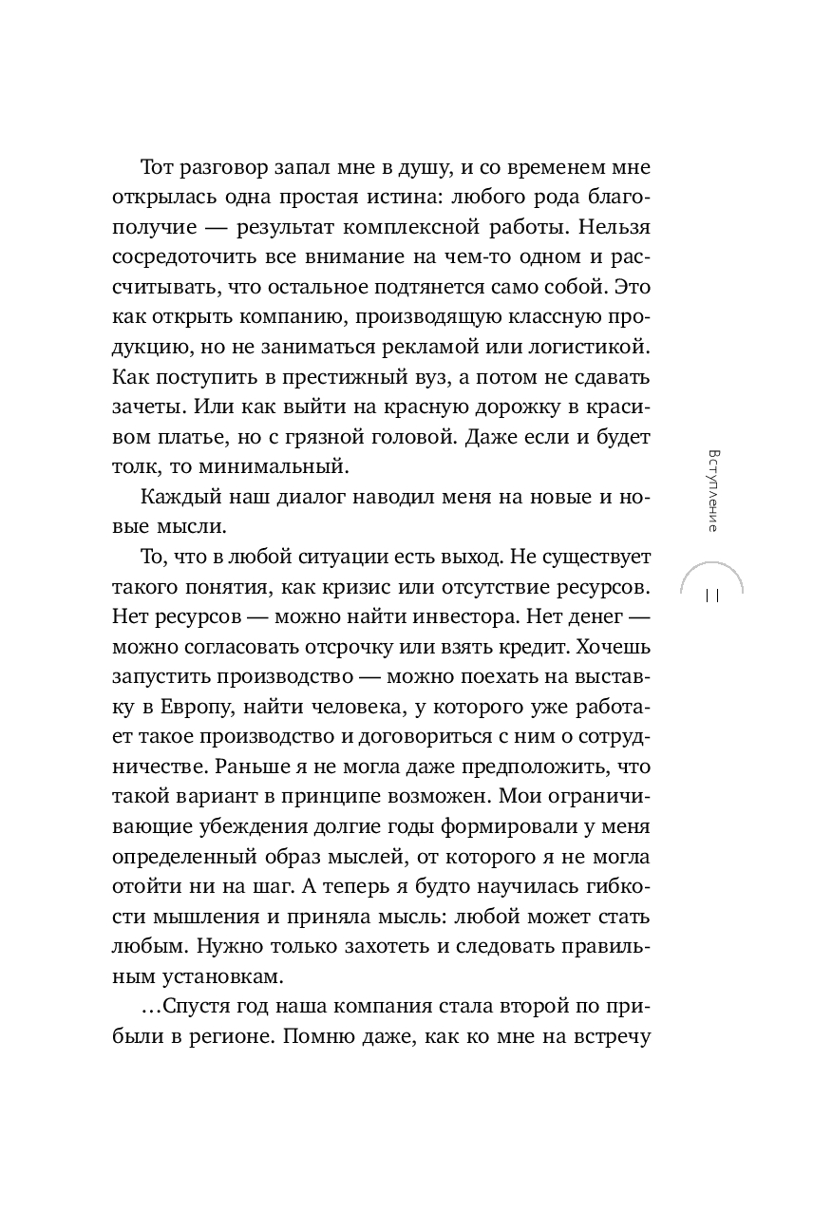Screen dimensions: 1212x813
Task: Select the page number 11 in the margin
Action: pos(711,596)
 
